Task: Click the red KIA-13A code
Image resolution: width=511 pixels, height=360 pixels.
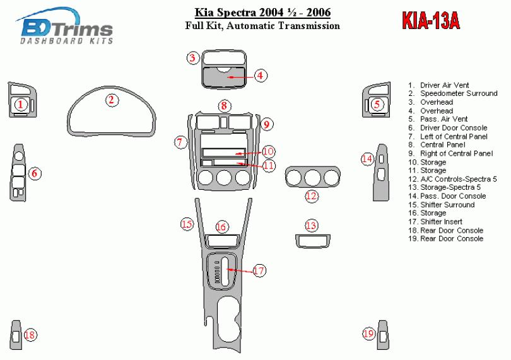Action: pyautogui.click(x=431, y=21)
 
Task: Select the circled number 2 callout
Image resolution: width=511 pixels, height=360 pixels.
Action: pyautogui.click(x=111, y=100)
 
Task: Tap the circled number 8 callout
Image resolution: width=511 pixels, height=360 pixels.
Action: pyautogui.click(x=223, y=105)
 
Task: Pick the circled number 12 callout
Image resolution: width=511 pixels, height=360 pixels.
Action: pyautogui.click(x=311, y=196)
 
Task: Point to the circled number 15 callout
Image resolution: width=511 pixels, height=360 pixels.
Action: pyautogui.click(x=186, y=224)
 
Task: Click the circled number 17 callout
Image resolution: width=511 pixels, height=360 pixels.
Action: pyautogui.click(x=259, y=270)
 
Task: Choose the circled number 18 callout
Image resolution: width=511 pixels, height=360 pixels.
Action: pyautogui.click(x=30, y=335)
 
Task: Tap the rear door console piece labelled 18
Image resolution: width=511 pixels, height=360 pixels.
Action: pyautogui.click(x=16, y=334)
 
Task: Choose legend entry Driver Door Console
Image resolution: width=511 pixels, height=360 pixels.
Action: pyautogui.click(x=448, y=128)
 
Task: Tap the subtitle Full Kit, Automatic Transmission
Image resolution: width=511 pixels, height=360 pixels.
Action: pyautogui.click(x=262, y=26)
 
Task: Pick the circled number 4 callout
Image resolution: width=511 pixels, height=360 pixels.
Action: pyautogui.click(x=261, y=76)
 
